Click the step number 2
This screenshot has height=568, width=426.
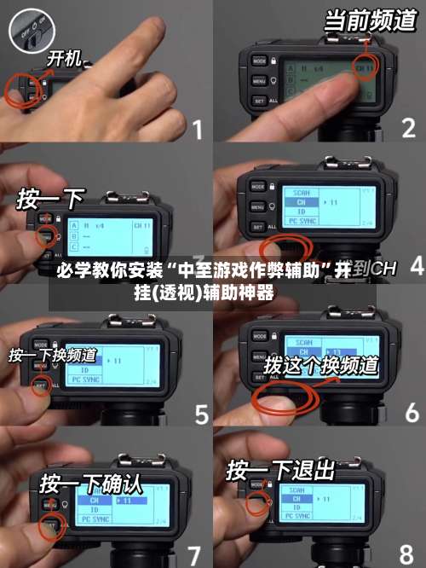pos(409,130)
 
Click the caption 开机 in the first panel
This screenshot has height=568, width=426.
pos(64,59)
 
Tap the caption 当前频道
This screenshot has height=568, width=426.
pos(370,20)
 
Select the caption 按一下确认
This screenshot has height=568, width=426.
pos(90,484)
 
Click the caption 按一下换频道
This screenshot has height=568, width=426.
pos(53,355)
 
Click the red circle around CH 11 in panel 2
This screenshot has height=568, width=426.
pos(366,68)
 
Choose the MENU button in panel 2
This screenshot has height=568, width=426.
pos(260,82)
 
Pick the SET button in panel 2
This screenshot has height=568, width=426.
pos(260,101)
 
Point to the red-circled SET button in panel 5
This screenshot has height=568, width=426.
pos(40,386)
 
